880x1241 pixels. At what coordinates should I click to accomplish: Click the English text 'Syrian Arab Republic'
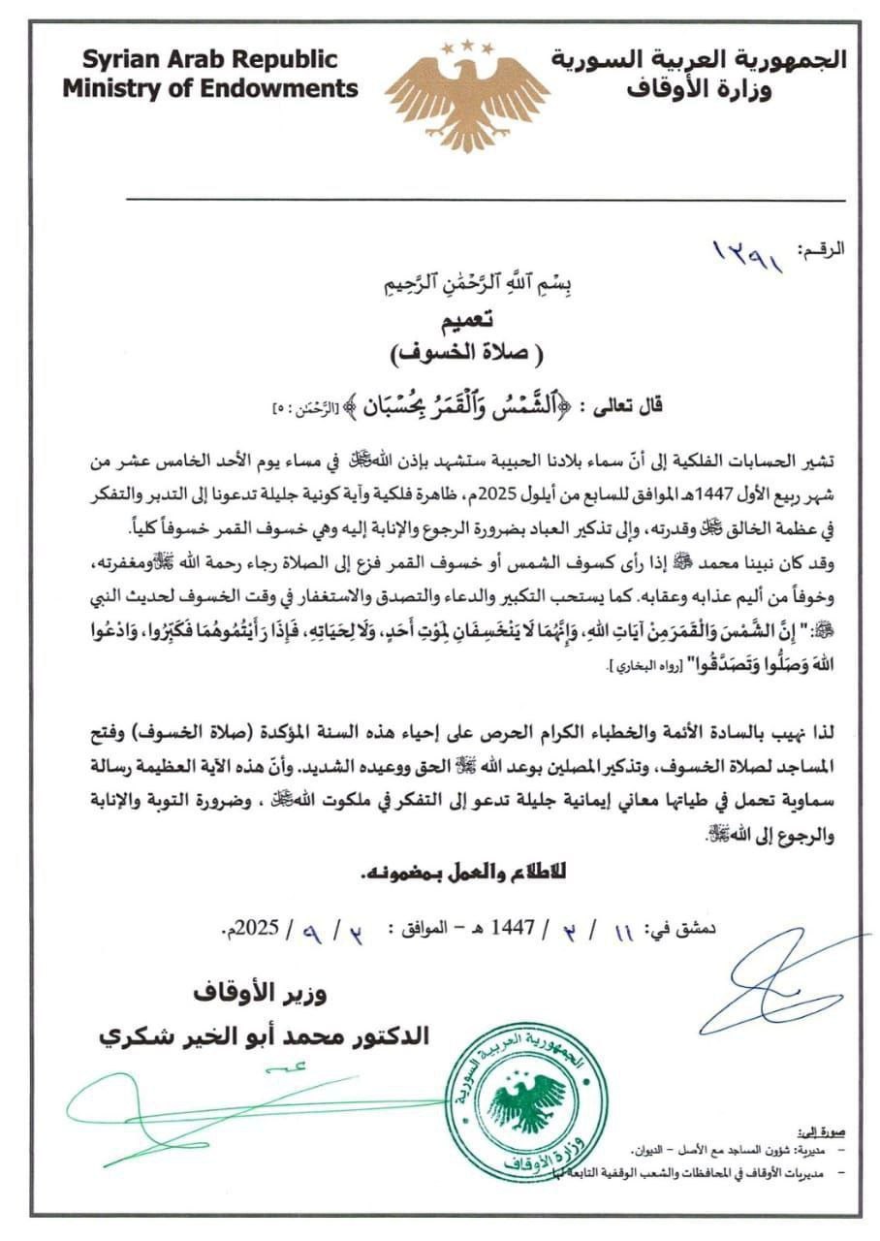click(209, 59)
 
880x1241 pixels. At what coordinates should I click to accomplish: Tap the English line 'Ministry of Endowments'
click(210, 89)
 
